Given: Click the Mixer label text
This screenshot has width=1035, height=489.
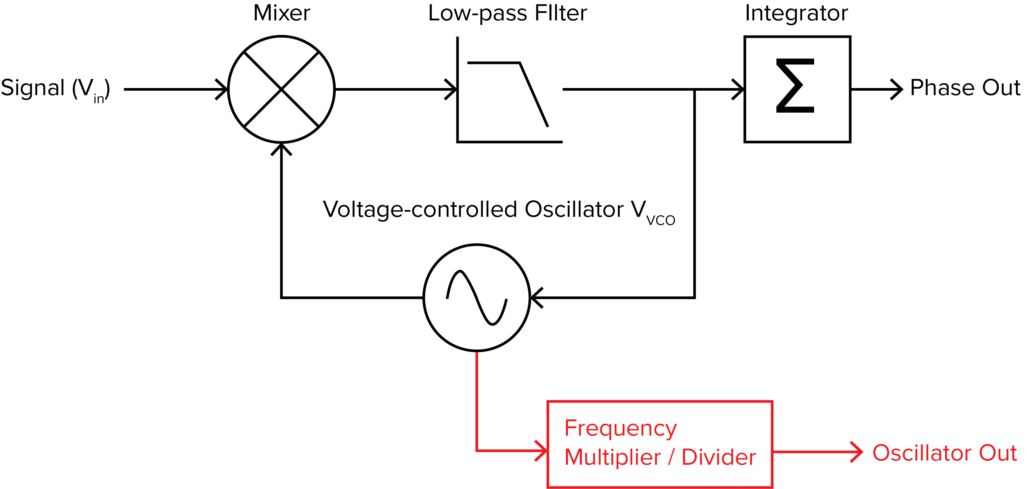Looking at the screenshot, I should click(281, 14).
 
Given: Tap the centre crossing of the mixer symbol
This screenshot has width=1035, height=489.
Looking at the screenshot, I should click(281, 89).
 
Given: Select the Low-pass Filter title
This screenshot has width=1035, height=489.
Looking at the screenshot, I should click(507, 14).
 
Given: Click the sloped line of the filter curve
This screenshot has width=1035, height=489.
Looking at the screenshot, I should click(534, 95).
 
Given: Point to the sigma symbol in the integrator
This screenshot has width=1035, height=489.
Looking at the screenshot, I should click(795, 86).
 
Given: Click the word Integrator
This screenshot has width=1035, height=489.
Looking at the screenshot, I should click(796, 14).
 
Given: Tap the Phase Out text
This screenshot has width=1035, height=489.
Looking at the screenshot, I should click(965, 88).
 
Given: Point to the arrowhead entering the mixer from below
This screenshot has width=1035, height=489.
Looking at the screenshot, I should click(281, 148).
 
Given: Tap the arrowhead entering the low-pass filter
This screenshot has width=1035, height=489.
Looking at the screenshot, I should click(452, 89).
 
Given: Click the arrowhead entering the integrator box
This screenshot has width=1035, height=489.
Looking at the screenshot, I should click(738, 89).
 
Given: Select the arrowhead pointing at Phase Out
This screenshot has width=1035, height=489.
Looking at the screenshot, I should click(898, 89).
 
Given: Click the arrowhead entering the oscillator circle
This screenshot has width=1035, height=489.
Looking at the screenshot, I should click(536, 298).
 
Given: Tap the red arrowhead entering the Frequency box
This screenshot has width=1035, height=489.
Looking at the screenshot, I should click(542, 451).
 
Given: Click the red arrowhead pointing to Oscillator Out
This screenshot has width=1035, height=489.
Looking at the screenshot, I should click(857, 452).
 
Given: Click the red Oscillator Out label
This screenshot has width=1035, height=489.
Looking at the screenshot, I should click(944, 453).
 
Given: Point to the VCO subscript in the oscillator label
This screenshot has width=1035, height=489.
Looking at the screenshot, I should click(660, 221).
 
